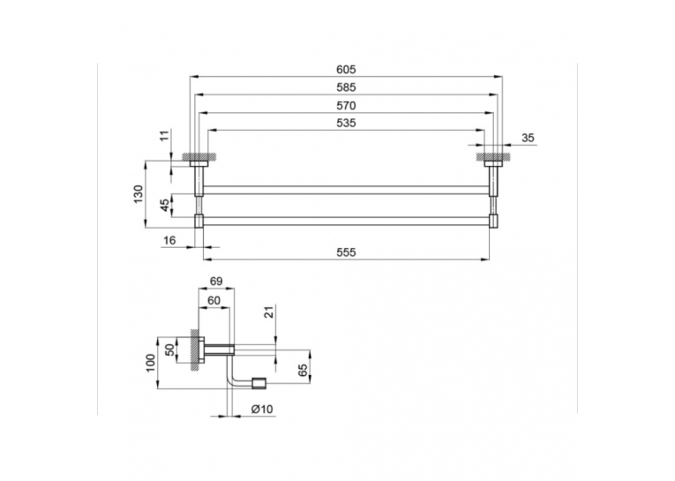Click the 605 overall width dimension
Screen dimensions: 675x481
click(346, 70)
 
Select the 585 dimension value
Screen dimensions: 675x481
click(346, 87)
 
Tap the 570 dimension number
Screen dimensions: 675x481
click(346, 106)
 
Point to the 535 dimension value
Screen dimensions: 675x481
click(346, 124)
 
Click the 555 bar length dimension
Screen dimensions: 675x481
click(346, 252)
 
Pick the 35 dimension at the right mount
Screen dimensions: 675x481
click(528, 138)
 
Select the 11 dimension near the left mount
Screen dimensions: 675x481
click(164, 136)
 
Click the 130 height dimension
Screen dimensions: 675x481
click(138, 194)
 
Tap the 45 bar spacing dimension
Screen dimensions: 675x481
click(165, 205)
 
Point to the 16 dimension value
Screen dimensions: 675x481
click(169, 240)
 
